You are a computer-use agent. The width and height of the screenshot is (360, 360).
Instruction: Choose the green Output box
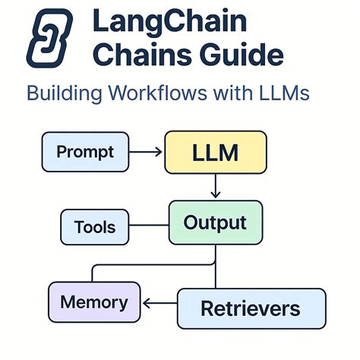(216, 222)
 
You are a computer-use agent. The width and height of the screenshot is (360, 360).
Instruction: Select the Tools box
(95, 227)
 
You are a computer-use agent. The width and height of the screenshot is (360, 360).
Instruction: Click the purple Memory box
(94, 303)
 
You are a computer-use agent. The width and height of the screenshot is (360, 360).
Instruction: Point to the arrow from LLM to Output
(216, 186)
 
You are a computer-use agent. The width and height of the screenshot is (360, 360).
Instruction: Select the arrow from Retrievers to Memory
(160, 305)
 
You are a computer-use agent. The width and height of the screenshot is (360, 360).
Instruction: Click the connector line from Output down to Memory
(152, 265)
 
